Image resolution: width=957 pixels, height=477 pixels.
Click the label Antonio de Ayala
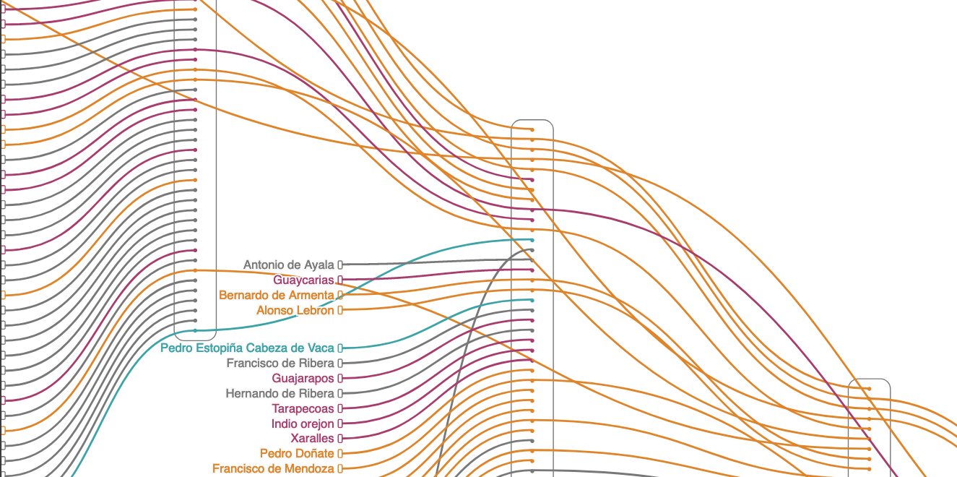point(289,265)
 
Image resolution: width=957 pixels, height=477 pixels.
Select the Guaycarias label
point(303,280)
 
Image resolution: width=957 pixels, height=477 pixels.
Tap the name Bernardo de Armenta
point(277,295)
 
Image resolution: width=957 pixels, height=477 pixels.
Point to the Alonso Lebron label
point(295,310)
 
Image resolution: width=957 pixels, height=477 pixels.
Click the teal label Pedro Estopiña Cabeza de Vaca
point(247,348)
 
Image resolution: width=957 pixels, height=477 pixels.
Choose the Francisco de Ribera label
point(280,363)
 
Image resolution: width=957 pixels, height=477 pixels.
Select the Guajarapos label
point(303,378)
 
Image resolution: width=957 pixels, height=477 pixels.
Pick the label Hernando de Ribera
point(280,393)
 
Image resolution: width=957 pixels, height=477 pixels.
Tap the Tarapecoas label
point(303,408)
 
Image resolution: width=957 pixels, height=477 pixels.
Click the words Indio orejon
point(303,424)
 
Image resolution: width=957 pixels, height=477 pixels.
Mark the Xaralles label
point(312,439)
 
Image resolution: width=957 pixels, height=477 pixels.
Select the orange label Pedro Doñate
point(297,454)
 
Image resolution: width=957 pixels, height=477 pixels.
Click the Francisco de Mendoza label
point(273,468)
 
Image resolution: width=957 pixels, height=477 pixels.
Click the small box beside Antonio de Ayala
point(340,265)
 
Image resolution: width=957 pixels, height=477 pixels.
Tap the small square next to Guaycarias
point(340,280)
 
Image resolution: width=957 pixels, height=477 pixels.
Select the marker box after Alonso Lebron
point(340,310)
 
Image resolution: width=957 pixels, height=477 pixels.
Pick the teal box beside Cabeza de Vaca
point(340,348)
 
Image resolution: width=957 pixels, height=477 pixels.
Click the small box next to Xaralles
point(340,439)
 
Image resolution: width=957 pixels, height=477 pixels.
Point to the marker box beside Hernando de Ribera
point(340,393)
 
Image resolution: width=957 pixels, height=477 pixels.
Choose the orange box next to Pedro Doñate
point(340,454)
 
